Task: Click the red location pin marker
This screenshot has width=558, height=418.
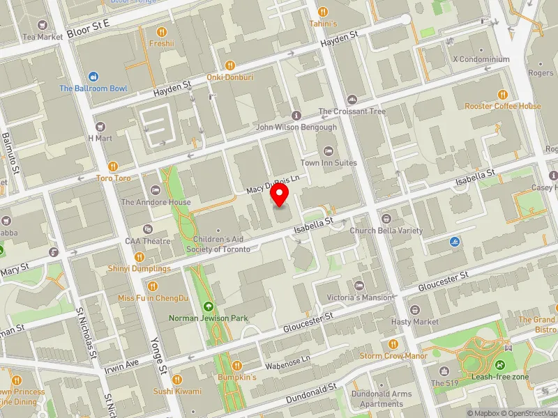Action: pyautogui.click(x=280, y=196)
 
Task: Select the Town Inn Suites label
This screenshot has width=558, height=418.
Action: pyautogui.click(x=329, y=163)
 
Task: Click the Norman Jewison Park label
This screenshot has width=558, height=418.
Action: pyautogui.click(x=209, y=318)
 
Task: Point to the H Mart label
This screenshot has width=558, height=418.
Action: pyautogui.click(x=100, y=138)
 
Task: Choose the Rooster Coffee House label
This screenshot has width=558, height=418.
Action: pyautogui.click(x=502, y=106)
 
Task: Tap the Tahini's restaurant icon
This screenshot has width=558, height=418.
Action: pyautogui.click(x=323, y=12)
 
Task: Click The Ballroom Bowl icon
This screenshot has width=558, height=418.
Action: pyautogui.click(x=93, y=77)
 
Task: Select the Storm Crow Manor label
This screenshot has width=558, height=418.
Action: pyautogui.click(x=393, y=356)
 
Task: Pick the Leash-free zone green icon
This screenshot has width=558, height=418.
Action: pyautogui.click(x=500, y=364)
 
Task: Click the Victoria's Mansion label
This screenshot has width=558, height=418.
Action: pyautogui.click(x=359, y=297)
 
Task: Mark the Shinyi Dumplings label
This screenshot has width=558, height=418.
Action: pyautogui.click(x=139, y=268)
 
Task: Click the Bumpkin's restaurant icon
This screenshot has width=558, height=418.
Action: pyautogui.click(x=237, y=365)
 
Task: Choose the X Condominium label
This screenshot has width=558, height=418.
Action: pyautogui.click(x=481, y=60)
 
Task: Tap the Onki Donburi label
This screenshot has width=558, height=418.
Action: pyautogui.click(x=229, y=77)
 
